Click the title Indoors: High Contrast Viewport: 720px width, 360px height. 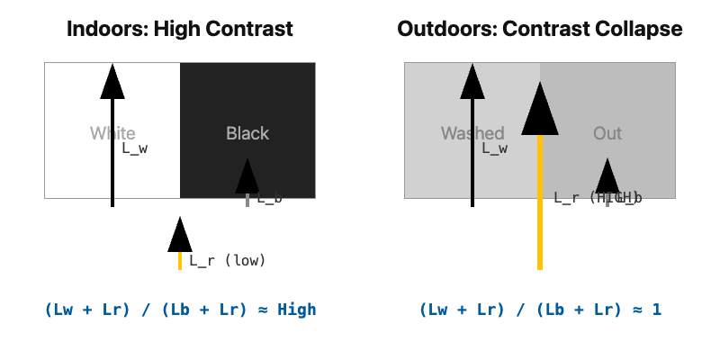[180, 29]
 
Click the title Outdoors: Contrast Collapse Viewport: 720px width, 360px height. [540, 29]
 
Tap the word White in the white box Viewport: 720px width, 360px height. [112, 134]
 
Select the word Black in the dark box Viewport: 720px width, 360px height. [247, 134]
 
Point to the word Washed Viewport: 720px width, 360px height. [472, 134]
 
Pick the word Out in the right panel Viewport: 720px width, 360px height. [607, 134]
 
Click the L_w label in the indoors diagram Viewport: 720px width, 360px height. [134, 148]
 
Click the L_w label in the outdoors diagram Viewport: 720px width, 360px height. [494, 148]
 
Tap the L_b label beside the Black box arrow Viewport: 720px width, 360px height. [268, 198]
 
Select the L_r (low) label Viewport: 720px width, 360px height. [227, 261]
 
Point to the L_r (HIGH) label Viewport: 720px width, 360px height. [598, 198]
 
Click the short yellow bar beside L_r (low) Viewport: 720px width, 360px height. [180, 261]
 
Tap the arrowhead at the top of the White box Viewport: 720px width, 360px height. [112, 82]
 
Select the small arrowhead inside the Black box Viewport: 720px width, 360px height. [247, 177]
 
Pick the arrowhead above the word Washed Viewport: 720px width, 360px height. [472, 82]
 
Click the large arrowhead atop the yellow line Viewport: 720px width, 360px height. [540, 110]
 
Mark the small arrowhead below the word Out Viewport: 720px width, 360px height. [607, 177]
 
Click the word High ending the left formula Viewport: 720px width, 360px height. [297, 310]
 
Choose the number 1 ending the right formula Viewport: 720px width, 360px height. [657, 310]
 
